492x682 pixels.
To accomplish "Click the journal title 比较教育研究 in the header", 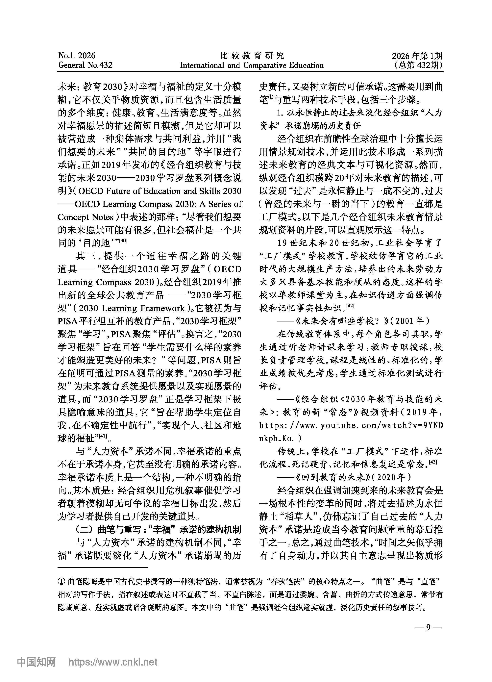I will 252,55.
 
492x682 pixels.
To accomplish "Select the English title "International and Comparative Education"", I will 252,65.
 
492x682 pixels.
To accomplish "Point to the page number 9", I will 428,627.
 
